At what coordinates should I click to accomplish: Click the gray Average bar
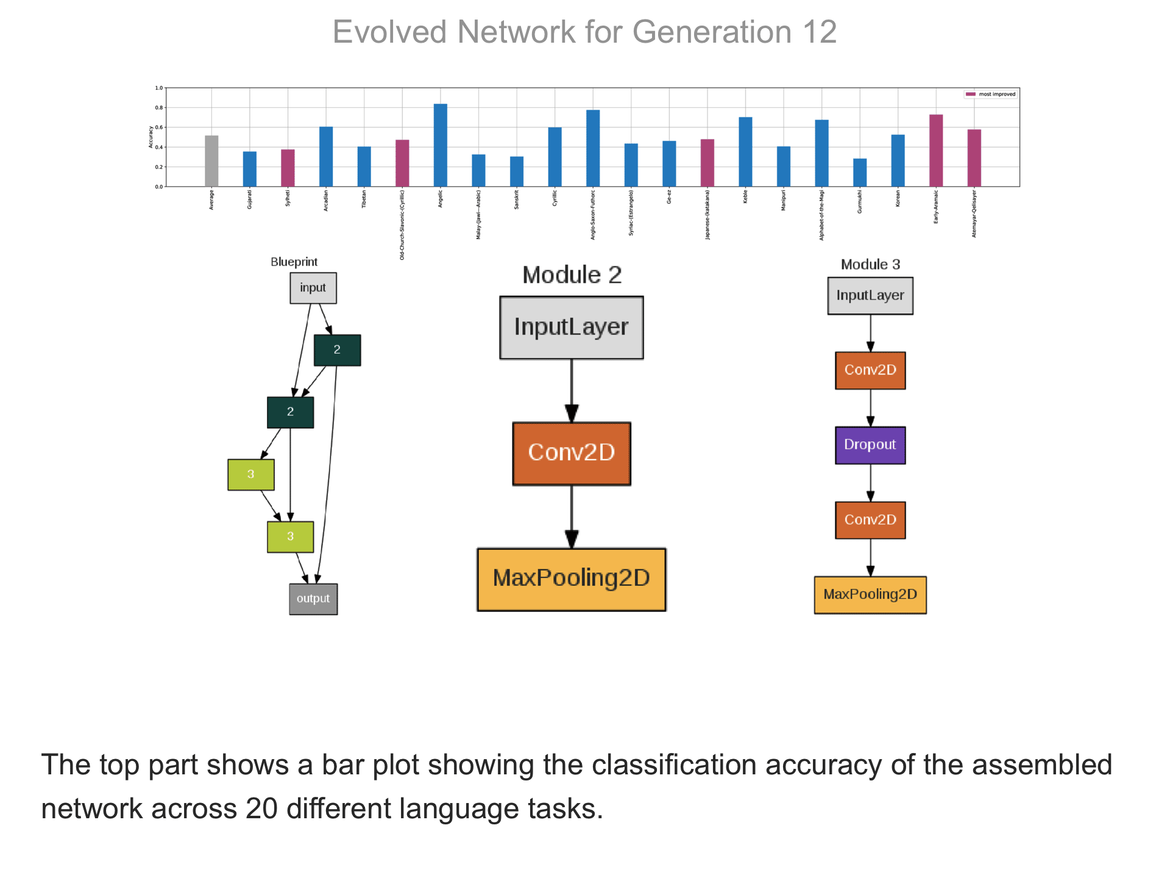tap(211, 161)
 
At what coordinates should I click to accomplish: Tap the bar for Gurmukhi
tap(860, 173)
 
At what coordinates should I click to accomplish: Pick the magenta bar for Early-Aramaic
tap(936, 151)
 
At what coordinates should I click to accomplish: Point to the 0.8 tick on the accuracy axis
tap(159, 108)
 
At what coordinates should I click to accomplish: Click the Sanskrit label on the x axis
tap(517, 200)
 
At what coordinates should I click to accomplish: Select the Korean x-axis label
tap(898, 199)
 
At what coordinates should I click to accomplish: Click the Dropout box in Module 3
tap(870, 445)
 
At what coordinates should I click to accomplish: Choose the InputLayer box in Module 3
tap(870, 296)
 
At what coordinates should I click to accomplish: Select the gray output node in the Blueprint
tap(313, 599)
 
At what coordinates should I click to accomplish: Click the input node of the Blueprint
tap(313, 288)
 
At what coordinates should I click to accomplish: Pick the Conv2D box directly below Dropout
tap(870, 520)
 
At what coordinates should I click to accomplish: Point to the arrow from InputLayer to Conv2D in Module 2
tap(572, 390)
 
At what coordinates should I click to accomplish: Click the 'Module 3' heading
tap(870, 265)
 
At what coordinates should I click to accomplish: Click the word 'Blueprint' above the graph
tap(294, 262)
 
